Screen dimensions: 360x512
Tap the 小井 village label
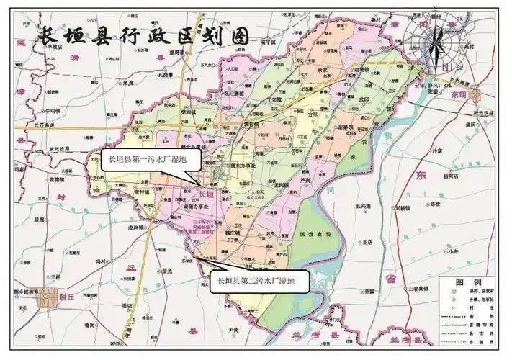pos(452,252)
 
